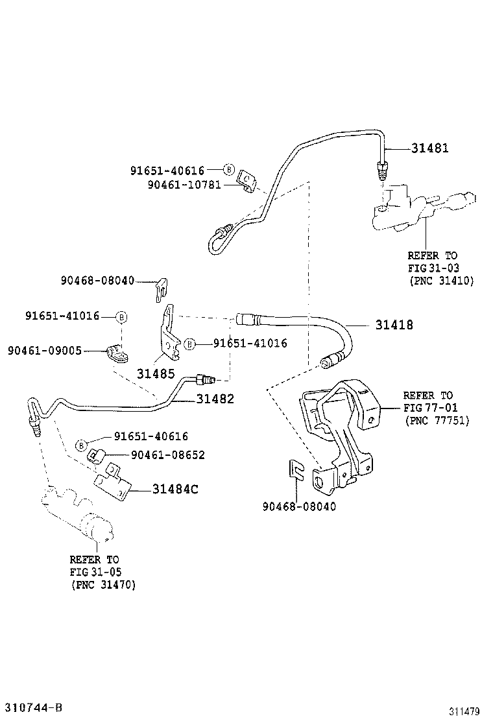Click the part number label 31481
coord(429,148)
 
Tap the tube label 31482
coord(215,399)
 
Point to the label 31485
coord(156,373)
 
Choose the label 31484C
coord(175,489)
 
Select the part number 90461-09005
coord(45,350)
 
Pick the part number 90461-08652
coord(167,455)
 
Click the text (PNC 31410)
coord(441,281)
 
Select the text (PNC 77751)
coord(437,421)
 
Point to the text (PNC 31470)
coord(103,584)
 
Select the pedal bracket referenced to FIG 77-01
coord(341,428)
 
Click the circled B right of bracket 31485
coord(189,344)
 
